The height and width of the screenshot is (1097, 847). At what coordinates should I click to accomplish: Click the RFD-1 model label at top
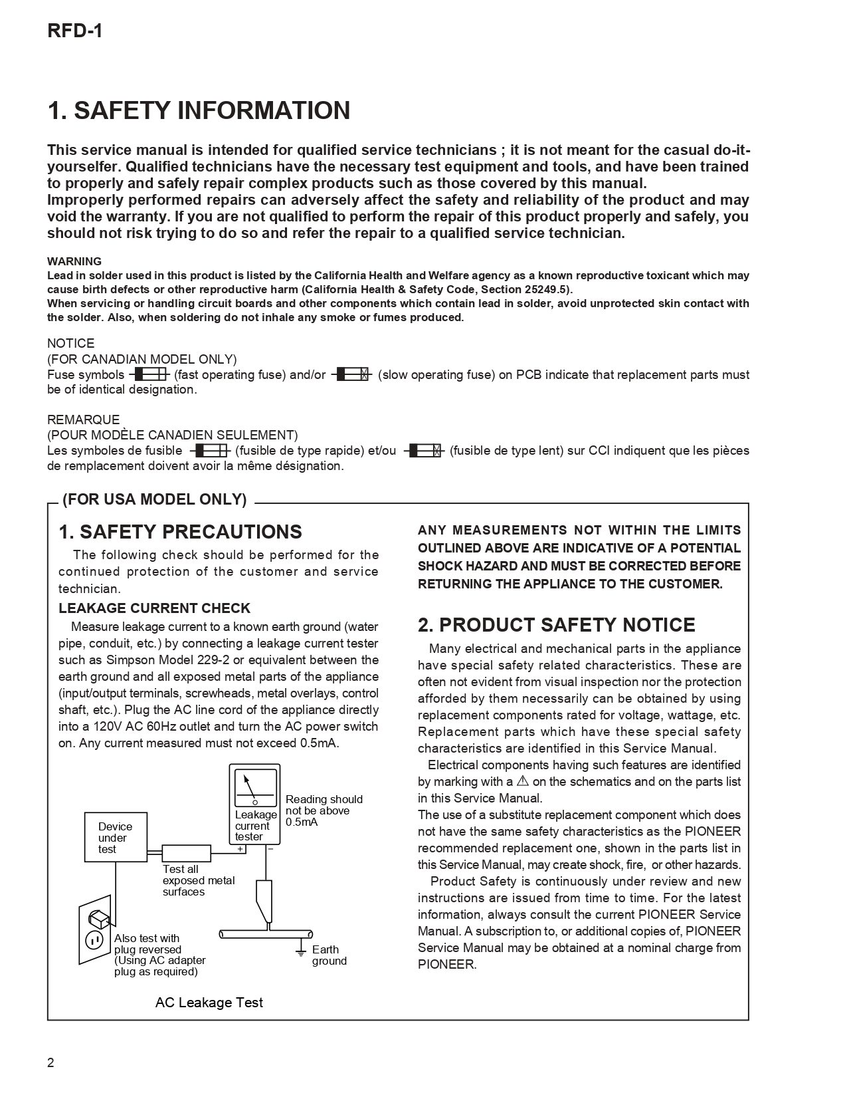click(x=74, y=31)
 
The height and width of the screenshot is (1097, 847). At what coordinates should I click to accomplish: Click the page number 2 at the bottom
click(x=51, y=1062)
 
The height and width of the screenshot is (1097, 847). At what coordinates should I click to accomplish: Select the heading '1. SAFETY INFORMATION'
click(x=199, y=110)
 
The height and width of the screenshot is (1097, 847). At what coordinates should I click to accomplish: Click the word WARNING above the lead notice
click(x=74, y=261)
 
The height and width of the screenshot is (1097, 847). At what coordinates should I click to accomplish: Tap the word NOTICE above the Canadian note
click(x=70, y=343)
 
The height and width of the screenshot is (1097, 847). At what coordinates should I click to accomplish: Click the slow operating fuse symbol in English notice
click(x=351, y=374)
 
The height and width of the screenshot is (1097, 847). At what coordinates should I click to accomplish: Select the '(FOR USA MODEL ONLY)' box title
click(x=154, y=499)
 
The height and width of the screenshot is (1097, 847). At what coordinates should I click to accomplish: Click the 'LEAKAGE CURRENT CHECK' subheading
click(x=154, y=608)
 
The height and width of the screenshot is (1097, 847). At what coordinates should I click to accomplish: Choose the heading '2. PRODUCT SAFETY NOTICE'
click(x=556, y=625)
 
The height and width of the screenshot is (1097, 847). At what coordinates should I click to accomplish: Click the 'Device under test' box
click(x=116, y=837)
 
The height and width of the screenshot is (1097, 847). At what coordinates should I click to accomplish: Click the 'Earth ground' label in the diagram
click(x=329, y=955)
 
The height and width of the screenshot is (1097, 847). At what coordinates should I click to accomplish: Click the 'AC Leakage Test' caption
click(x=209, y=1003)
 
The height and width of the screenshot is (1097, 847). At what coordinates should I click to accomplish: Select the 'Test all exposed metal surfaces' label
click(x=198, y=880)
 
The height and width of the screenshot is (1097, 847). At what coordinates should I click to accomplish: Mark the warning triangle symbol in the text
click(x=522, y=781)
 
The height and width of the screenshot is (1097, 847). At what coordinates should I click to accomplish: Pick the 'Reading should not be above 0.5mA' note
click(x=324, y=810)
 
